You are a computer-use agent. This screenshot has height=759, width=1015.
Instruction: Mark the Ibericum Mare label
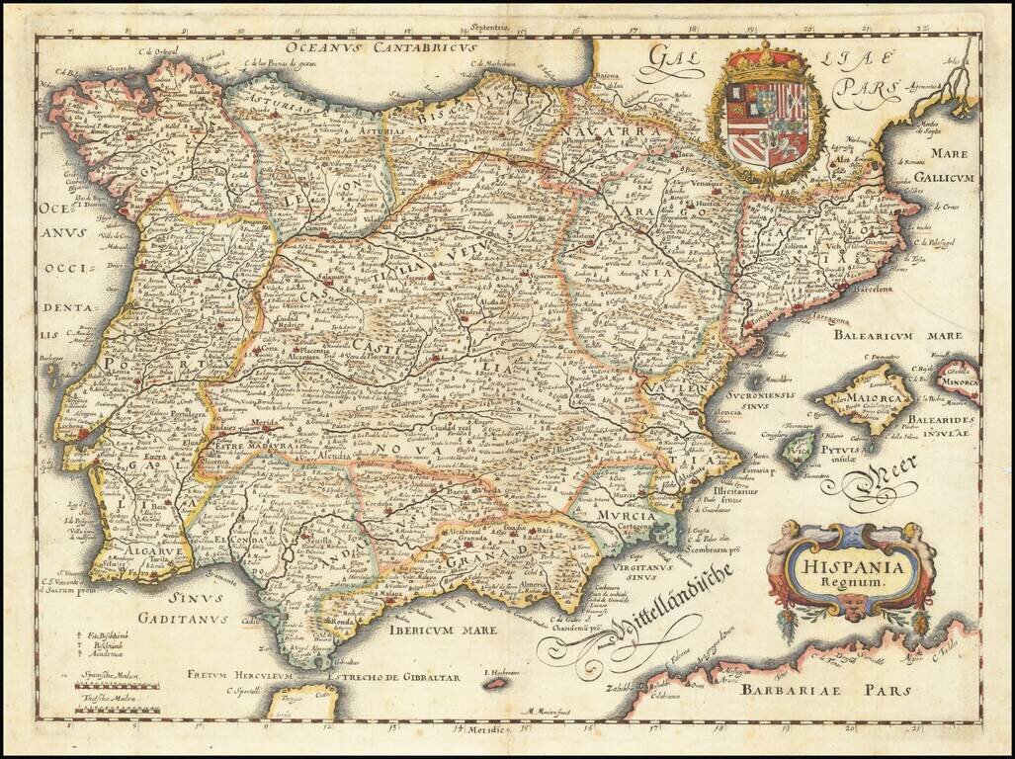point(436,627)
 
